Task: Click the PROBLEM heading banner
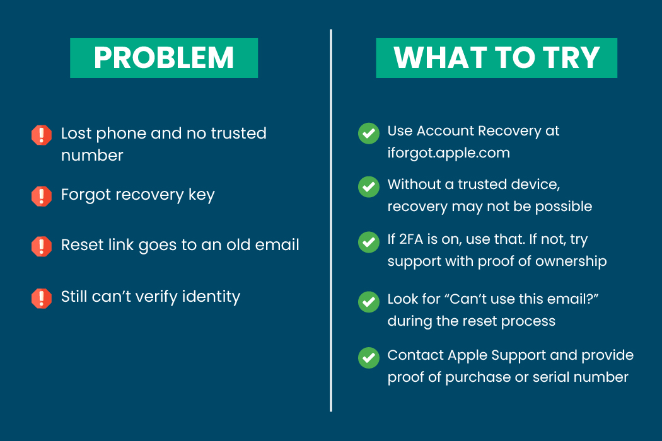[164, 58]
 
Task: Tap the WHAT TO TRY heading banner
[497, 58]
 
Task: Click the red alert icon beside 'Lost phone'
[42, 135]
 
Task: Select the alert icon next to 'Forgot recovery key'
[42, 196]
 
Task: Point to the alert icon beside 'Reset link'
[42, 246]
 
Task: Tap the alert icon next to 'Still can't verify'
[42, 299]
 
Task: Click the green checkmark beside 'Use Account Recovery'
[369, 134]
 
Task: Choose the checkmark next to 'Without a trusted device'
[369, 186]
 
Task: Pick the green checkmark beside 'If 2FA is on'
[369, 242]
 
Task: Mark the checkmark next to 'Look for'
[369, 302]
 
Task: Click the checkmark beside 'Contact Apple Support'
[369, 358]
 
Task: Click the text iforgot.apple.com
[449, 153]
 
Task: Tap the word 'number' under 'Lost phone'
[92, 156]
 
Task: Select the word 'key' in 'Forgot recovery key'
[201, 195]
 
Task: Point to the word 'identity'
[211, 297]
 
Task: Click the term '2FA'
[411, 239]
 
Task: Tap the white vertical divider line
[331, 220]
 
